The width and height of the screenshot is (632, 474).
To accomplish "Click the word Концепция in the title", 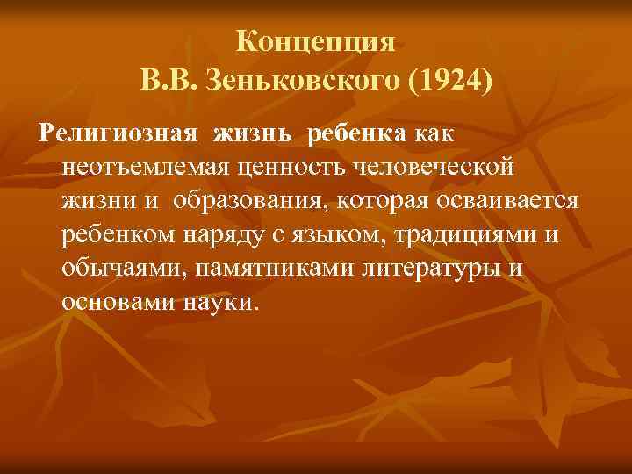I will pyautogui.click(x=317, y=41).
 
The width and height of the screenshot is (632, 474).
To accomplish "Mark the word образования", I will pyautogui.click(x=248, y=202).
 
